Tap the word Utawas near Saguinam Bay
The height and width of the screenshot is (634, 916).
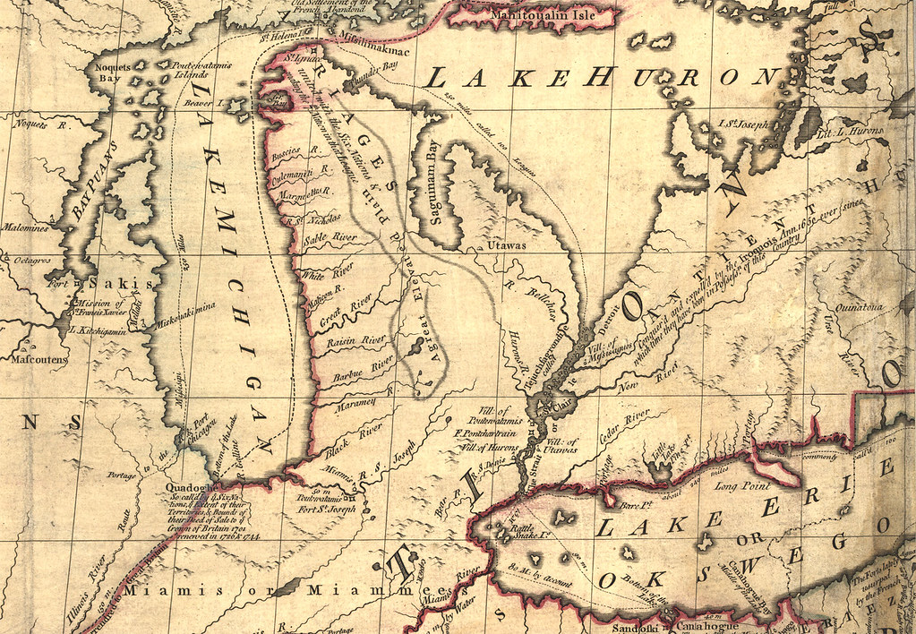coord(505,244)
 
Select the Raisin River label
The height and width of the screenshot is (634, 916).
coord(356,340)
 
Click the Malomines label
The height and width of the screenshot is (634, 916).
coord(25,227)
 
